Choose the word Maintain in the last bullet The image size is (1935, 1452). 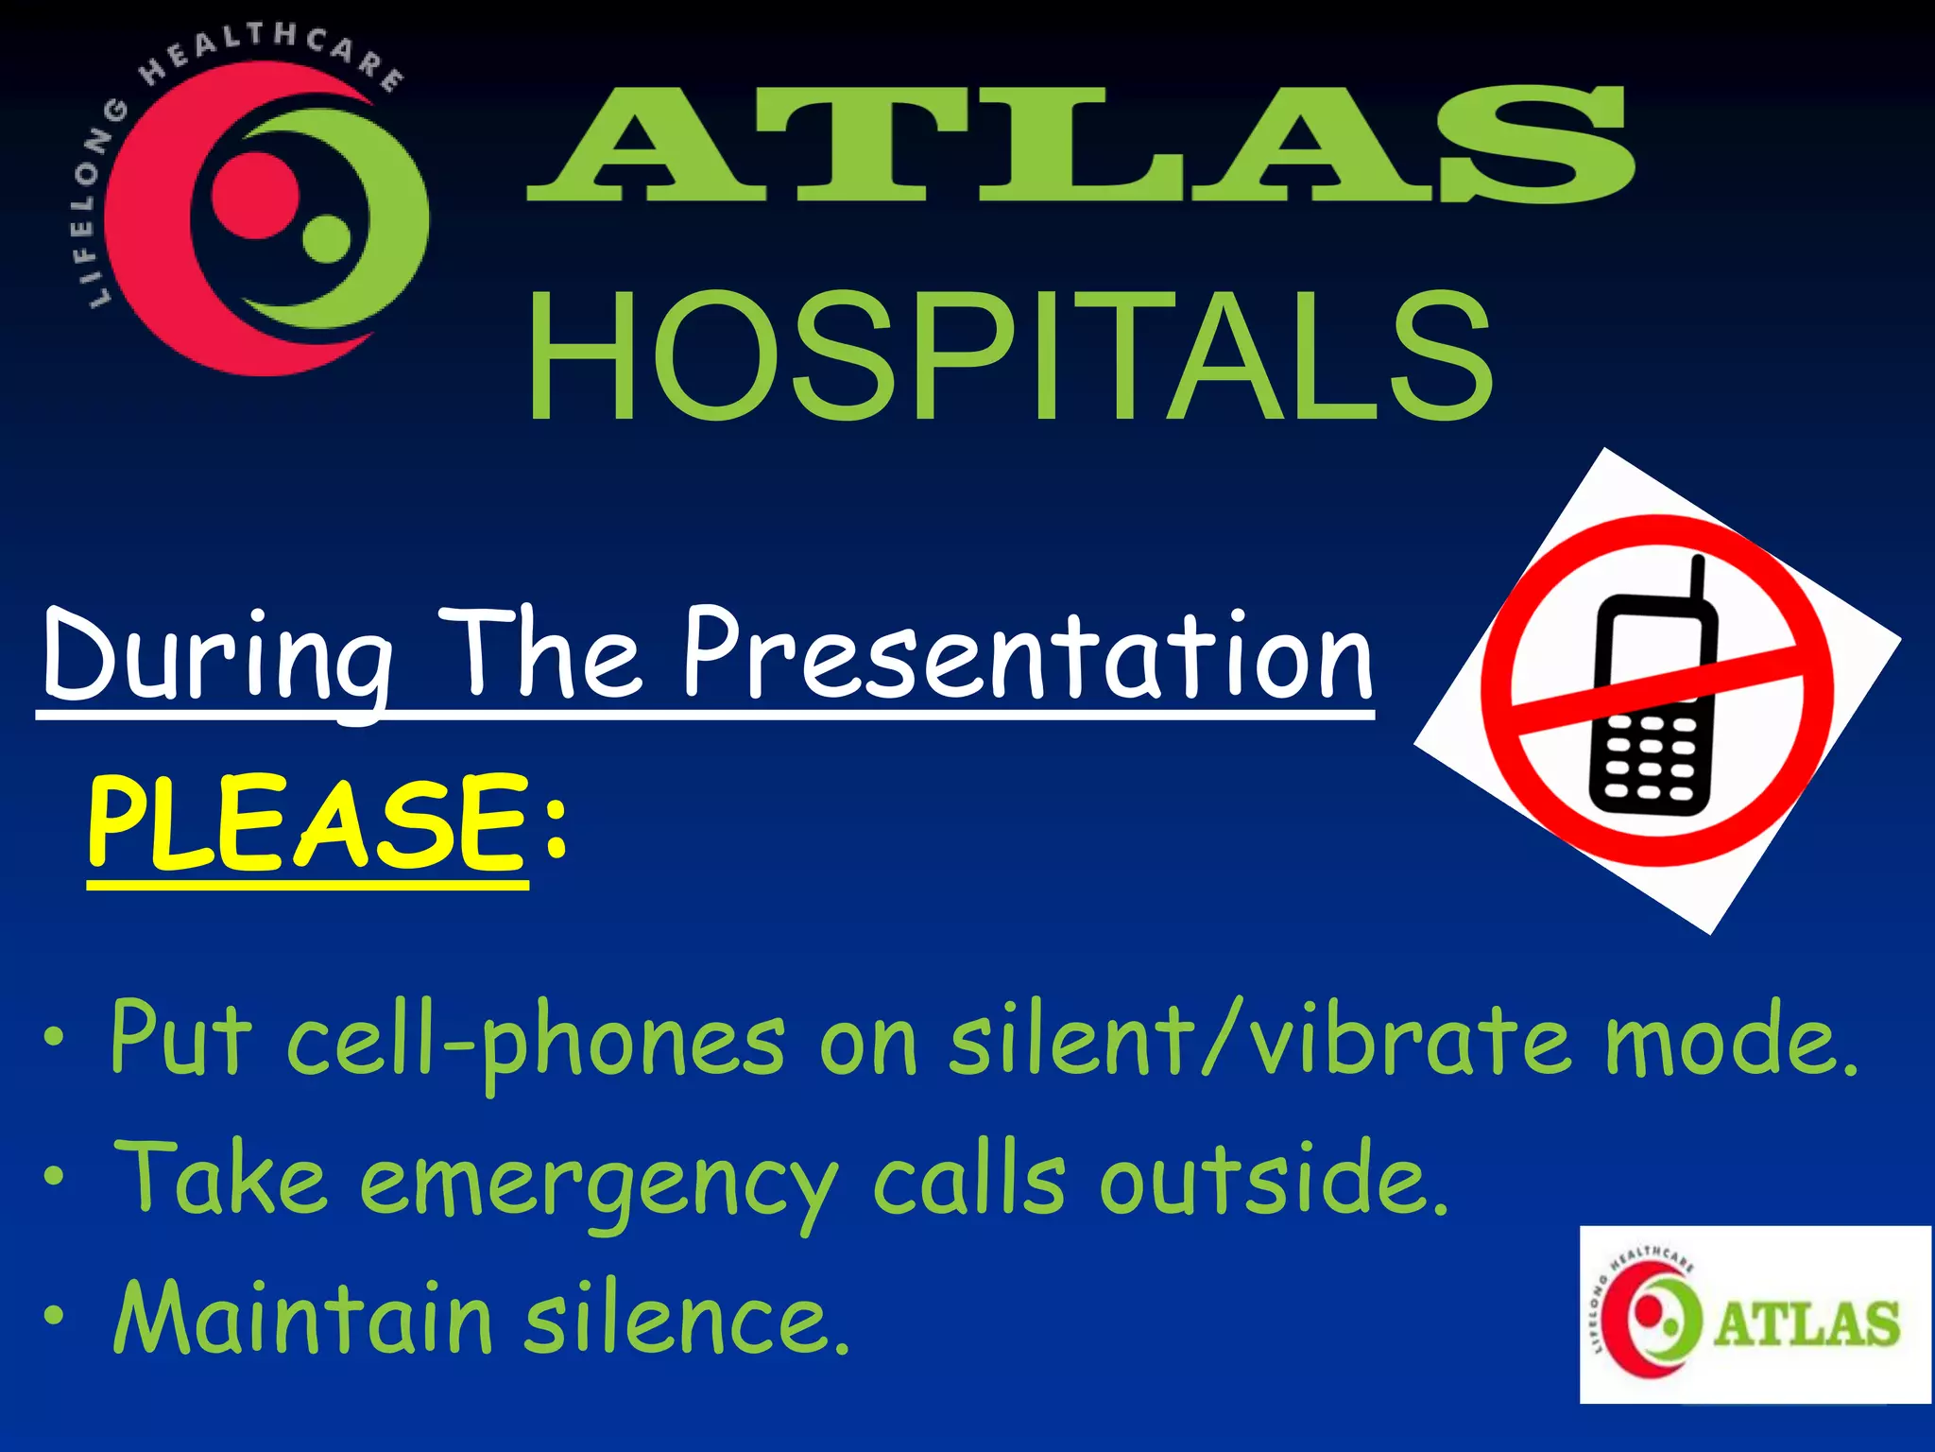point(302,1318)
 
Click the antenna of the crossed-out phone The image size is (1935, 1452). point(1697,579)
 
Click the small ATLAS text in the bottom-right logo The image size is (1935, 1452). point(1806,1324)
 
